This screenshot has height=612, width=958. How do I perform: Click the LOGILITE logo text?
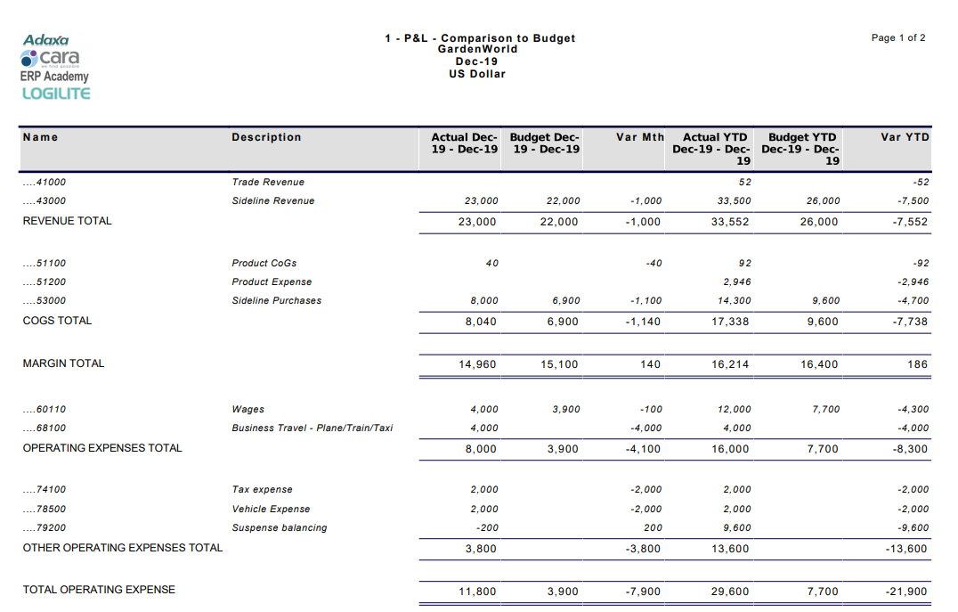pyautogui.click(x=55, y=94)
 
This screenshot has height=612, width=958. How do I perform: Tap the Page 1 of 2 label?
pyautogui.click(x=898, y=37)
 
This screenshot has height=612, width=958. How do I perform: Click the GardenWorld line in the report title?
pyautogui.click(x=476, y=49)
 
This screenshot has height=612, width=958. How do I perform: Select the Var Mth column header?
pyautogui.click(x=640, y=137)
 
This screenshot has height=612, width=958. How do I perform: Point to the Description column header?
pyautogui.click(x=266, y=137)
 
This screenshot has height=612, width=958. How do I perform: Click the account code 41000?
pyautogui.click(x=45, y=182)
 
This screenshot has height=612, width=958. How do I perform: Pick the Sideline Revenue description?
pyautogui.click(x=272, y=200)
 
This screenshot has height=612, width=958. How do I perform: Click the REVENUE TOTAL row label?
pyautogui.click(x=67, y=221)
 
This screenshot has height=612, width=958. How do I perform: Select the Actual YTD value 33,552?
pyautogui.click(x=730, y=222)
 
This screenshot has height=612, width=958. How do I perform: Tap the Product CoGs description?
pyautogui.click(x=264, y=263)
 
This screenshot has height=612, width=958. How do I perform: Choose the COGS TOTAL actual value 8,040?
pyautogui.click(x=481, y=322)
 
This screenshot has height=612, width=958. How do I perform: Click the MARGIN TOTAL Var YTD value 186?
pyautogui.click(x=917, y=364)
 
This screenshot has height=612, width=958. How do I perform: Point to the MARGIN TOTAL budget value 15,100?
pyautogui.click(x=559, y=364)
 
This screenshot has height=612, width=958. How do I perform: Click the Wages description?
pyautogui.click(x=248, y=409)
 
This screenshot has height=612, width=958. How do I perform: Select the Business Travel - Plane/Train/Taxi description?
pyautogui.click(x=312, y=428)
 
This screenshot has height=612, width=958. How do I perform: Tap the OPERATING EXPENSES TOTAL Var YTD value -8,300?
pyautogui.click(x=910, y=449)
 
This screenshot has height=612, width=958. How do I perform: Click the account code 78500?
pyautogui.click(x=45, y=509)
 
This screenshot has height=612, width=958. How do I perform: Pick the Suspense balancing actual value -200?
pyautogui.click(x=486, y=527)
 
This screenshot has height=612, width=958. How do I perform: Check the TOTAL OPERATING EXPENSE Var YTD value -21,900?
pyautogui.click(x=907, y=592)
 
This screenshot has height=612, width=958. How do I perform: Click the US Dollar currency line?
pyautogui.click(x=476, y=74)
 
